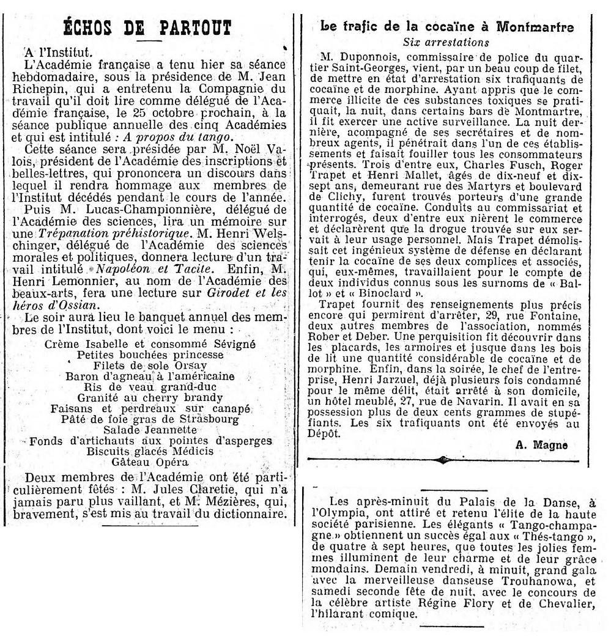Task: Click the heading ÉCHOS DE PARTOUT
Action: (x=149, y=29)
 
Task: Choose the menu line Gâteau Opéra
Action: (x=149, y=462)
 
